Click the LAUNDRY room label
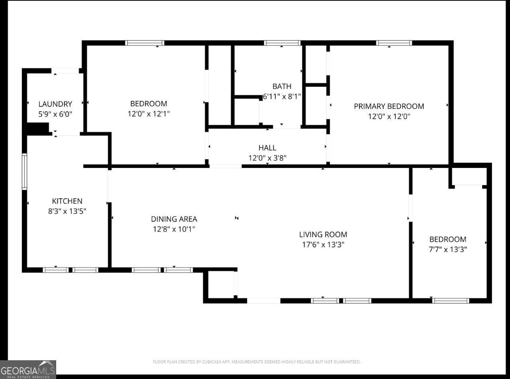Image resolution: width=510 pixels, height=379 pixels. click(55, 104)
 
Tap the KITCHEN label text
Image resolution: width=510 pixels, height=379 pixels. click(67, 201)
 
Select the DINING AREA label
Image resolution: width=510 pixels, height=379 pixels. click(174, 219)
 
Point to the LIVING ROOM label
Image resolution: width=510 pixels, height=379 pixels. click(323, 235)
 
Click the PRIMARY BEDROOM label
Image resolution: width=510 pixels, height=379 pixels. click(389, 106)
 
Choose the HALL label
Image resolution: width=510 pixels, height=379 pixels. click(267, 148)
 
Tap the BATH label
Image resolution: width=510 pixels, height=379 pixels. click(282, 86)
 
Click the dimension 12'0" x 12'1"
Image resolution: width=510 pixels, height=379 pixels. click(149, 114)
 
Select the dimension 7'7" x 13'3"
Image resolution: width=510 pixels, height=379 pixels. click(448, 249)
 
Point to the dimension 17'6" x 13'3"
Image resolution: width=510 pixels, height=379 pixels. click(323, 245)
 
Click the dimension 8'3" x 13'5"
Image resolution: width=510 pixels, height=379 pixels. click(67, 211)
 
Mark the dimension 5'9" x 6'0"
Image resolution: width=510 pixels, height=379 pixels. click(55, 114)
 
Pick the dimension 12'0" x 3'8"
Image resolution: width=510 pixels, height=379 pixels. click(267, 158)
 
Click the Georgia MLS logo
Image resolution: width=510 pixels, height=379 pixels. click(28, 369)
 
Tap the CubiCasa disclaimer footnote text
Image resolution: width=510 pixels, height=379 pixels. click(257, 362)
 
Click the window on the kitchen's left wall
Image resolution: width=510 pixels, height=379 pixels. click(24, 172)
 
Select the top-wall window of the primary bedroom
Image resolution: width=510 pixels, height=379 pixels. click(394, 43)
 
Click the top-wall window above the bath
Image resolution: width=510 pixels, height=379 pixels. click(282, 43)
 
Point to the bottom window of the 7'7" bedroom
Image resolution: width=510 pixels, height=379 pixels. click(450, 300)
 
